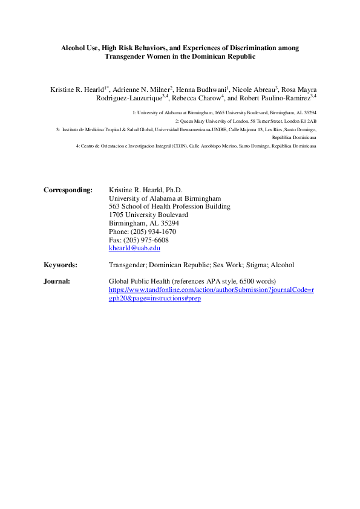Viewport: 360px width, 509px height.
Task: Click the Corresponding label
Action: click(x=68, y=190)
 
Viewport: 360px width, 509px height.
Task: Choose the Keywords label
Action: click(x=61, y=265)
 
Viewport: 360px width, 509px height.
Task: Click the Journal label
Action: click(x=57, y=281)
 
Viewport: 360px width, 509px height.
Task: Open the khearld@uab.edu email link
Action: click(x=134, y=248)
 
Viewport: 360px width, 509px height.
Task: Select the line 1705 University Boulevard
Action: click(x=148, y=215)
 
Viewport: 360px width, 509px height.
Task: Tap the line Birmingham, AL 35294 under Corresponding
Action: click(x=143, y=223)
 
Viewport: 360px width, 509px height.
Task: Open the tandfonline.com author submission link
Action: click(x=211, y=290)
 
